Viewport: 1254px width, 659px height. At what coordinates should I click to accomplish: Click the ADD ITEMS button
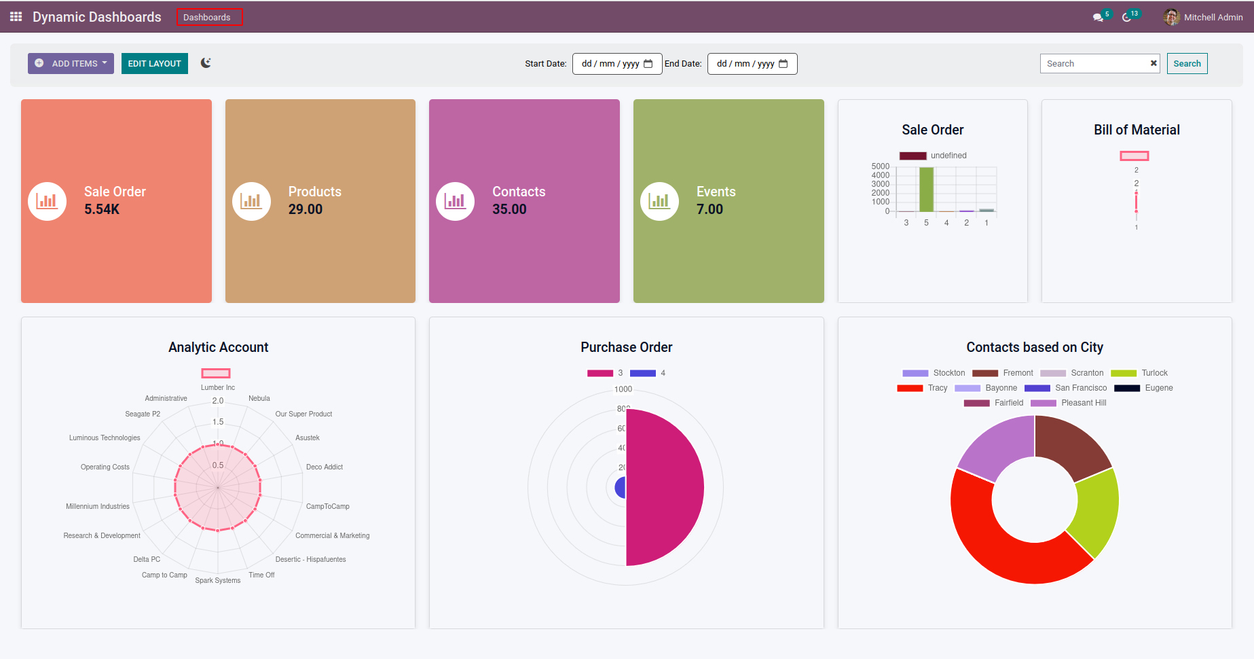click(x=71, y=64)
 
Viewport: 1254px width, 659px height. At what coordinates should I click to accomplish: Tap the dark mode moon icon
click(x=206, y=63)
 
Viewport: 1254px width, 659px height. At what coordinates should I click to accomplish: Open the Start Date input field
click(x=616, y=64)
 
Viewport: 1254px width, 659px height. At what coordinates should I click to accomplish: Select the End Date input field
click(x=752, y=64)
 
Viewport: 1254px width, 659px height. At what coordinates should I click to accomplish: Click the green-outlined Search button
click(x=1187, y=64)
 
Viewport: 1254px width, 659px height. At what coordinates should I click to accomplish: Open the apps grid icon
click(x=16, y=16)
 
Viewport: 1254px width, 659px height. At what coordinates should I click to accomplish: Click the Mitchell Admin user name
click(x=1213, y=18)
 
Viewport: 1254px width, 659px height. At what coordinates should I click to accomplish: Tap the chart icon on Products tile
click(x=251, y=201)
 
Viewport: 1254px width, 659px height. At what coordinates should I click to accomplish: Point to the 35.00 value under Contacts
click(x=509, y=209)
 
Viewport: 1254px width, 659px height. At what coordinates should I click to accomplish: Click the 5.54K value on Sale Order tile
click(x=102, y=209)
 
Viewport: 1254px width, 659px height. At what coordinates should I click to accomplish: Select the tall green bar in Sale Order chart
click(x=926, y=190)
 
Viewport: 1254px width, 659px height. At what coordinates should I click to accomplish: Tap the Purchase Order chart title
click(x=626, y=347)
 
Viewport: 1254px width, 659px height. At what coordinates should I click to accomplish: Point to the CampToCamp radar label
click(x=327, y=506)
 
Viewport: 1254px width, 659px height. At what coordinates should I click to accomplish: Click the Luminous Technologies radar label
click(x=105, y=438)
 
